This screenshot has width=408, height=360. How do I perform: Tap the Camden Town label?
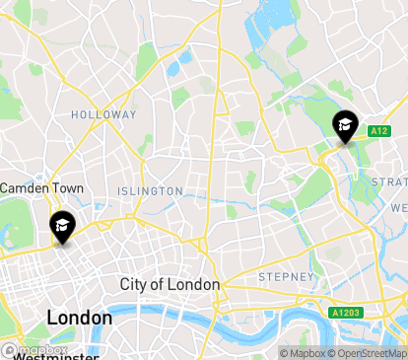41,187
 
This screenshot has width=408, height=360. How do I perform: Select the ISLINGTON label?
150,190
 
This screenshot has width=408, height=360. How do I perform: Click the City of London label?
170,284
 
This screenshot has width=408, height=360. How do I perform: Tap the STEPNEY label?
286,277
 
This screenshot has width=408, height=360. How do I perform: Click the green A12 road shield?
379,131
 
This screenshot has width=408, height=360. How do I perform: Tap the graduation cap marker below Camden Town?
61,227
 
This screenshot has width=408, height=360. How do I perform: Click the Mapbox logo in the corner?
35,350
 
